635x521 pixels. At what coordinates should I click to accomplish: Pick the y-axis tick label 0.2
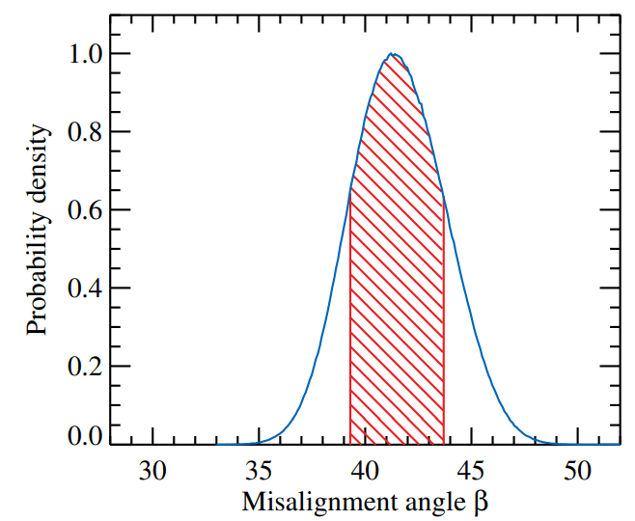83,367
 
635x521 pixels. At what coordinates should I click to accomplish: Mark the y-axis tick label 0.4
83,288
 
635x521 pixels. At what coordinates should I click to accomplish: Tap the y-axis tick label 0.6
83,210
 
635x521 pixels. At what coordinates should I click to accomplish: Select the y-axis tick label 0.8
83,132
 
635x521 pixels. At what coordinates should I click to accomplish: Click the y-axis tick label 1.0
83,54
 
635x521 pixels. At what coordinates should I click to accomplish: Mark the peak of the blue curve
393,54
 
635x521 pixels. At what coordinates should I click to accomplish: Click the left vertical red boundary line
349,318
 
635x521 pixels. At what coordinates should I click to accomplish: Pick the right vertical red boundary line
444,318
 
